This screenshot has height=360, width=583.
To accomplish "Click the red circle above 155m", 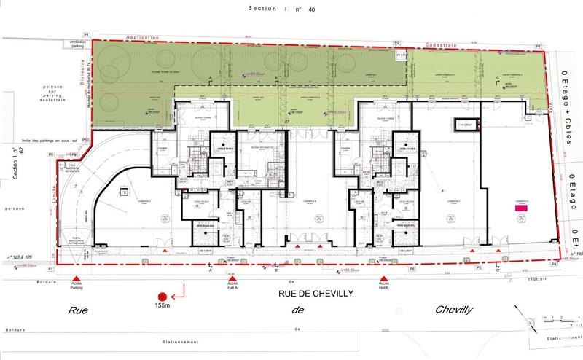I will click(x=163, y=297).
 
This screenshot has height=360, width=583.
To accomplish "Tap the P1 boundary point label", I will click(x=85, y=35).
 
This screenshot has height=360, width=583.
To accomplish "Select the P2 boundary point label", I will click(x=398, y=44).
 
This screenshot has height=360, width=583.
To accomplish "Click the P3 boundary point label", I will click(x=539, y=47).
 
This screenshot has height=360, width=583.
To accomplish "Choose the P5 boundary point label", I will click(x=479, y=268).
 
